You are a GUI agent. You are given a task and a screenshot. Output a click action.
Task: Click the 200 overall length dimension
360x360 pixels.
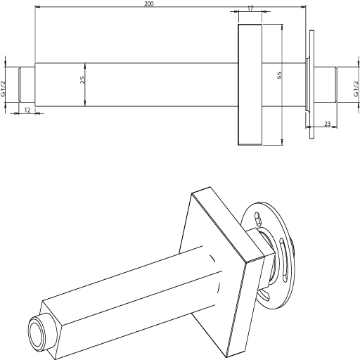(149, 4)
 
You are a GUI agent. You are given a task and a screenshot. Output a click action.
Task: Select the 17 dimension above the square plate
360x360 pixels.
(250, 8)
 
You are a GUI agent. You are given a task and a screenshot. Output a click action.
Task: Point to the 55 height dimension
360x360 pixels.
(279, 75)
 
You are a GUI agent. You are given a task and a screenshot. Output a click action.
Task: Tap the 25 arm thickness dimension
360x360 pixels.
(82, 80)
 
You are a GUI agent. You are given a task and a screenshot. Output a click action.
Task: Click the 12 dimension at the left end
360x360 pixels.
(27, 110)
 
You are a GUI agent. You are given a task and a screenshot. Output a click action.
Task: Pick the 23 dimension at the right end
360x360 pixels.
(327, 123)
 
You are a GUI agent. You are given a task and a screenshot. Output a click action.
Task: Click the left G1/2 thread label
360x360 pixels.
(3, 89)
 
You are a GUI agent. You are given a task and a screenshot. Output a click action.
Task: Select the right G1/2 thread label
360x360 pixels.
(356, 89)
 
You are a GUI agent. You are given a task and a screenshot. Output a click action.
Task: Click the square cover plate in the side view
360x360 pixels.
(250, 84)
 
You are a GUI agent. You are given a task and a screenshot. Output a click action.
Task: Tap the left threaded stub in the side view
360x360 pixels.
(27, 84)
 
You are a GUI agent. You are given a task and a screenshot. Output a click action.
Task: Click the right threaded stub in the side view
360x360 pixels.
(326, 84)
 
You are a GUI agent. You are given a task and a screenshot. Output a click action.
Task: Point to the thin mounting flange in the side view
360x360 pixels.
(311, 84)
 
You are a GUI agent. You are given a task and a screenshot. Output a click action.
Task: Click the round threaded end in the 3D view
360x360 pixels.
(37, 330)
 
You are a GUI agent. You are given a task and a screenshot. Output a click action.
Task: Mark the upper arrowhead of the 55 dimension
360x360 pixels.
(282, 27)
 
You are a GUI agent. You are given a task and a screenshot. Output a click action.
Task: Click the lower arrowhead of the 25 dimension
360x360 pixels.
(85, 103)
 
